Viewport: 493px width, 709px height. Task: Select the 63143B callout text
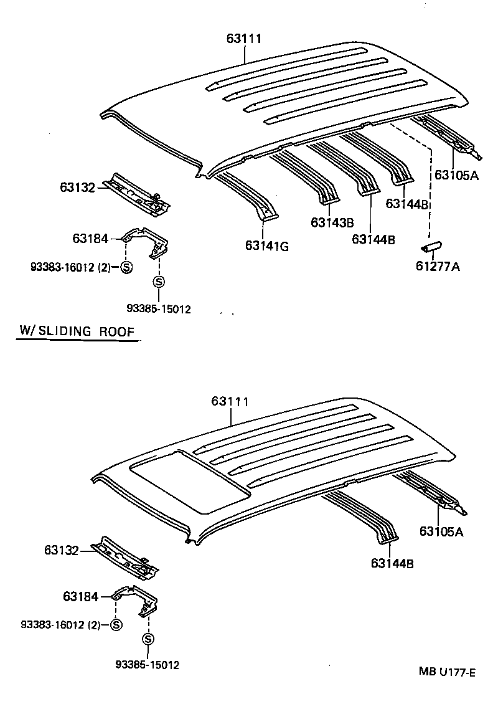[x=332, y=222]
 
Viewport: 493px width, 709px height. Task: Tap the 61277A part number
[x=438, y=268]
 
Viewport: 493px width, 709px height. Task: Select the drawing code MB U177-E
[x=447, y=672]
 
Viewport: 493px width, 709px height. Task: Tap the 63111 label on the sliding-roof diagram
[x=230, y=401]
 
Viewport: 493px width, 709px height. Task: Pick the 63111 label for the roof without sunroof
[x=243, y=39]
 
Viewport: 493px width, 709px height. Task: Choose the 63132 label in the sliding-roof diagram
[x=61, y=550]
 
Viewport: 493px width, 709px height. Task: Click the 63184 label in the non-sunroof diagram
[x=90, y=238]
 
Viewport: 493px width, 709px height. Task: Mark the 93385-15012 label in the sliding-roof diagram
[x=148, y=665]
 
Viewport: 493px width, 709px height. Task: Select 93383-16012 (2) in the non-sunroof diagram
[x=70, y=268]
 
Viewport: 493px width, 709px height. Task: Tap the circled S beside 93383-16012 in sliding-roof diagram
[x=116, y=625]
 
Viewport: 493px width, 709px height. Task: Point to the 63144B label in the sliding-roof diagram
[x=392, y=564]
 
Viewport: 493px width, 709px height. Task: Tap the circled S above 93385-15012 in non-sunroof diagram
[x=159, y=282]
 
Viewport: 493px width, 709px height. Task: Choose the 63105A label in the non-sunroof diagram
[x=456, y=175]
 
